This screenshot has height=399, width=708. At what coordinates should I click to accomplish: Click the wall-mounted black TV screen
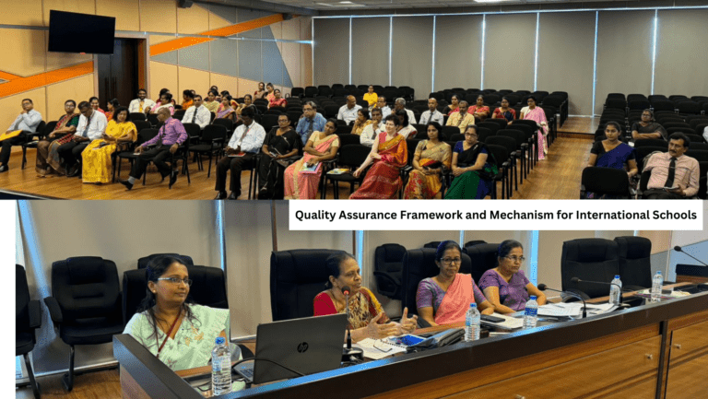point(82,31)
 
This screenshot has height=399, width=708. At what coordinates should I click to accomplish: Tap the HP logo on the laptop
point(302,347)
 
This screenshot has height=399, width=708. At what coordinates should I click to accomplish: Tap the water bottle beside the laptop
point(221,366)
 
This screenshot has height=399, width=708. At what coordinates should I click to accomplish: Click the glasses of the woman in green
point(174,281)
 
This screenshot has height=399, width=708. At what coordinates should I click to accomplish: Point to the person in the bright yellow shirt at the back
point(371,95)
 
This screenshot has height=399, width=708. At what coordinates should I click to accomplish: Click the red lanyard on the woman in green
point(169,332)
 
